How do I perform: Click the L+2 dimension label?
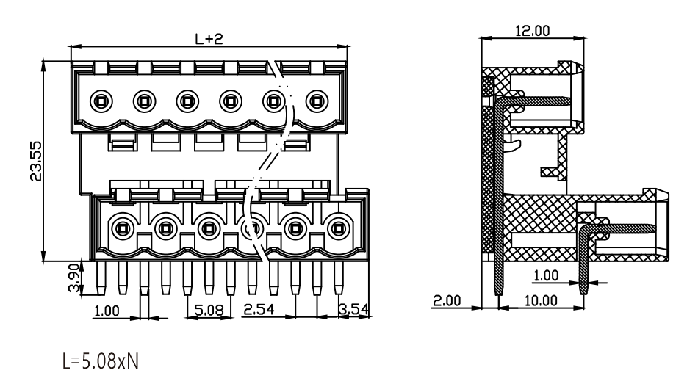(x=209, y=39)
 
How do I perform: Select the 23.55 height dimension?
(x=36, y=161)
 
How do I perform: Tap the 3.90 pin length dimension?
(x=75, y=278)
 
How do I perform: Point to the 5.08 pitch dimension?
(x=209, y=310)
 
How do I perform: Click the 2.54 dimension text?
(x=259, y=309)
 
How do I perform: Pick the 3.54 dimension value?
(x=354, y=309)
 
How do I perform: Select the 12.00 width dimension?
(x=533, y=31)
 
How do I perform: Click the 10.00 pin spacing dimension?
(x=541, y=300)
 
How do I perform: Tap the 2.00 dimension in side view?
(x=447, y=300)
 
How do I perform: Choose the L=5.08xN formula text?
(x=101, y=361)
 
